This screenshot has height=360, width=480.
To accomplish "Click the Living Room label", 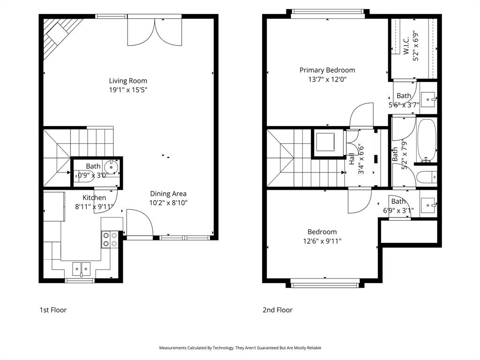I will tap(128, 81).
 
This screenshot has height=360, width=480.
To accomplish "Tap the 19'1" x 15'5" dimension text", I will tap(128, 90).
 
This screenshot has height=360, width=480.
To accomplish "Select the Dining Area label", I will tap(168, 194).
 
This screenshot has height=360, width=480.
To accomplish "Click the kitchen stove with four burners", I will tap(110, 240).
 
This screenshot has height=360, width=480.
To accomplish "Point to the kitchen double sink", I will tap(82, 268).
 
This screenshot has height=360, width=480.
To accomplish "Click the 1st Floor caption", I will tap(53, 310).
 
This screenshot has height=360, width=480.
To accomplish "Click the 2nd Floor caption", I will tap(277, 310).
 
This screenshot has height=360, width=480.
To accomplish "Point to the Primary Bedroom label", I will tap(327, 70).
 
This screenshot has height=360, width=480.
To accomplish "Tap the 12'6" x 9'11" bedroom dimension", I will tap(322, 241).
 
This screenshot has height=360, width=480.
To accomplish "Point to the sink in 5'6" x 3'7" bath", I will tap(428, 99).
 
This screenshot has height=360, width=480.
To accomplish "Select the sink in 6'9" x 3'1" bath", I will tap(428, 204).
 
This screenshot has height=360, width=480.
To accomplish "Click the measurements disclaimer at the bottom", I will tap(240, 348).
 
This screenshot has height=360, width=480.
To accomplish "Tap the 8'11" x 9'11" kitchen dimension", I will tap(94, 206).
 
